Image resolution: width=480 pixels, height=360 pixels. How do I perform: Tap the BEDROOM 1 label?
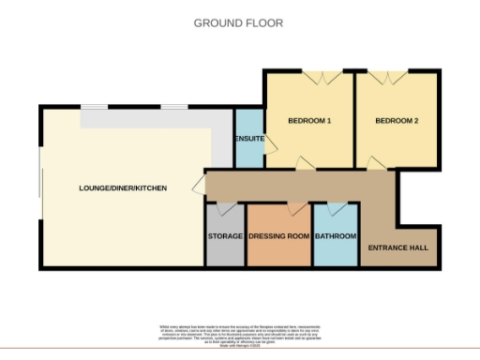[308, 121]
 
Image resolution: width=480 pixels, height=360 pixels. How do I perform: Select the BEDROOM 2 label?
[397, 121]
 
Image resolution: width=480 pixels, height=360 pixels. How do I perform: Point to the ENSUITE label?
[248, 140]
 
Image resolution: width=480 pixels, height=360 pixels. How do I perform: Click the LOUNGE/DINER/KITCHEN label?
[123, 188]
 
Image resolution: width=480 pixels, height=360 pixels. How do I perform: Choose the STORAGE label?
[225, 236]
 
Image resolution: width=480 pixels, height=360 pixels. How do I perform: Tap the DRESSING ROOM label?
[278, 236]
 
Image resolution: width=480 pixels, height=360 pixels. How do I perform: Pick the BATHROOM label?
[336, 236]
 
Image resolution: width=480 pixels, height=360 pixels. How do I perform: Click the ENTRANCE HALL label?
[398, 247]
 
